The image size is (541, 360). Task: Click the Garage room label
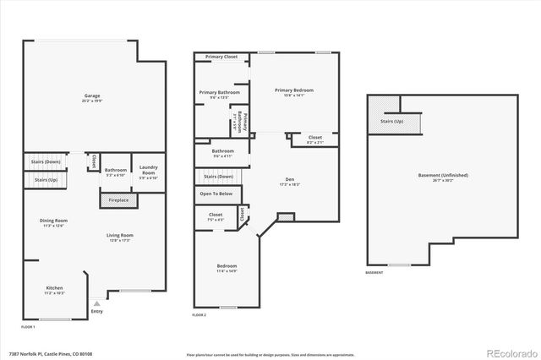click(x=92, y=95)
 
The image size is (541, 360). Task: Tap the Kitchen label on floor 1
click(x=54, y=288)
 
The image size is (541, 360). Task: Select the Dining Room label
click(x=53, y=221)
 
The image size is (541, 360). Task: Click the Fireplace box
click(x=119, y=200)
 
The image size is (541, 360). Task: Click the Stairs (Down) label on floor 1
click(x=46, y=161)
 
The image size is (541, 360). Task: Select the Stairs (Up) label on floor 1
click(x=46, y=179)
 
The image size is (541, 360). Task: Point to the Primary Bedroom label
click(x=294, y=90)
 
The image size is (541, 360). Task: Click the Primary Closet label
click(x=221, y=57)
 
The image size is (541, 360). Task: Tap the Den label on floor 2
click(x=289, y=179)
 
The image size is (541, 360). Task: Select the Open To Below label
click(x=216, y=194)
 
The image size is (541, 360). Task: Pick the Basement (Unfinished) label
click(x=443, y=176)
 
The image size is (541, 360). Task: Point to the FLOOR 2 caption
click(x=199, y=314)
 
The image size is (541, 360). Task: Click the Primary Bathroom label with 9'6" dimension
click(x=219, y=93)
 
